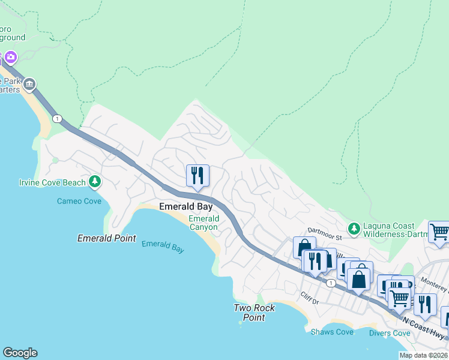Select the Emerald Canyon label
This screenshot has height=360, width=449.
[x=204, y=223]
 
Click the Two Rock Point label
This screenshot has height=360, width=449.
[x=255, y=313]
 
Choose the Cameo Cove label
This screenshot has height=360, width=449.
[x=79, y=201]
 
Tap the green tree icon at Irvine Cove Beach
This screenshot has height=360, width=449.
[x=94, y=181]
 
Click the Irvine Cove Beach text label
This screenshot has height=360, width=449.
[x=52, y=182]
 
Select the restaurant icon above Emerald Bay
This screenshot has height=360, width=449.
[x=197, y=176]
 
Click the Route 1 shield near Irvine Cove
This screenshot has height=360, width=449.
[x=57, y=119]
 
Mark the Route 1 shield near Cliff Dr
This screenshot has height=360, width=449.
[x=330, y=282]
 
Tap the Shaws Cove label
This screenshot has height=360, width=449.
[x=332, y=332]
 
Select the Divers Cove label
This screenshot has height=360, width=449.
[x=389, y=333]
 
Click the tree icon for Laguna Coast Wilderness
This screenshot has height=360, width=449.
[x=354, y=228]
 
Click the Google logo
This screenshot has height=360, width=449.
[x=20, y=353]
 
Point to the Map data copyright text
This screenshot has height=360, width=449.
[x=423, y=355]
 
